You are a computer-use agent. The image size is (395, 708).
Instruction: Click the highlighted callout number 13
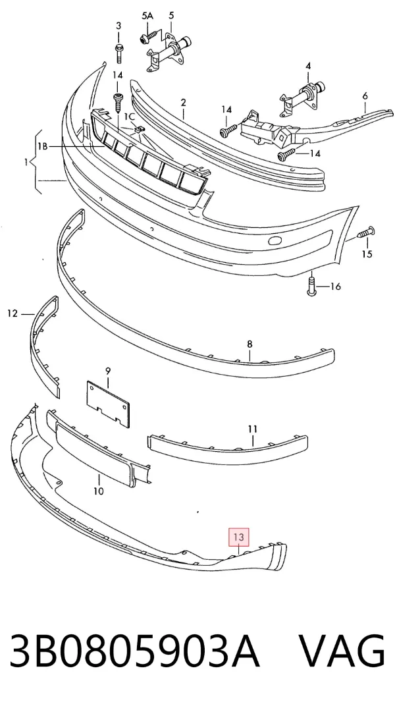(239, 537)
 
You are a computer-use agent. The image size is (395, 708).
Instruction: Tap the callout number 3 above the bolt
(118, 26)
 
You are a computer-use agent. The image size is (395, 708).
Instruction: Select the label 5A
(147, 16)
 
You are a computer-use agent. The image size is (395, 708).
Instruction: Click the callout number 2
(183, 103)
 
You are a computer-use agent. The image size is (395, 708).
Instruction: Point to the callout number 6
(365, 95)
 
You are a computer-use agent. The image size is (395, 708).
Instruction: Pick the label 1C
(130, 117)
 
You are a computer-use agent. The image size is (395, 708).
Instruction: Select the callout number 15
(367, 254)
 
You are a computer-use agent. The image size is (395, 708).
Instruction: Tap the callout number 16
(335, 286)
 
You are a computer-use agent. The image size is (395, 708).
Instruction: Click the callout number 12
(13, 313)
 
